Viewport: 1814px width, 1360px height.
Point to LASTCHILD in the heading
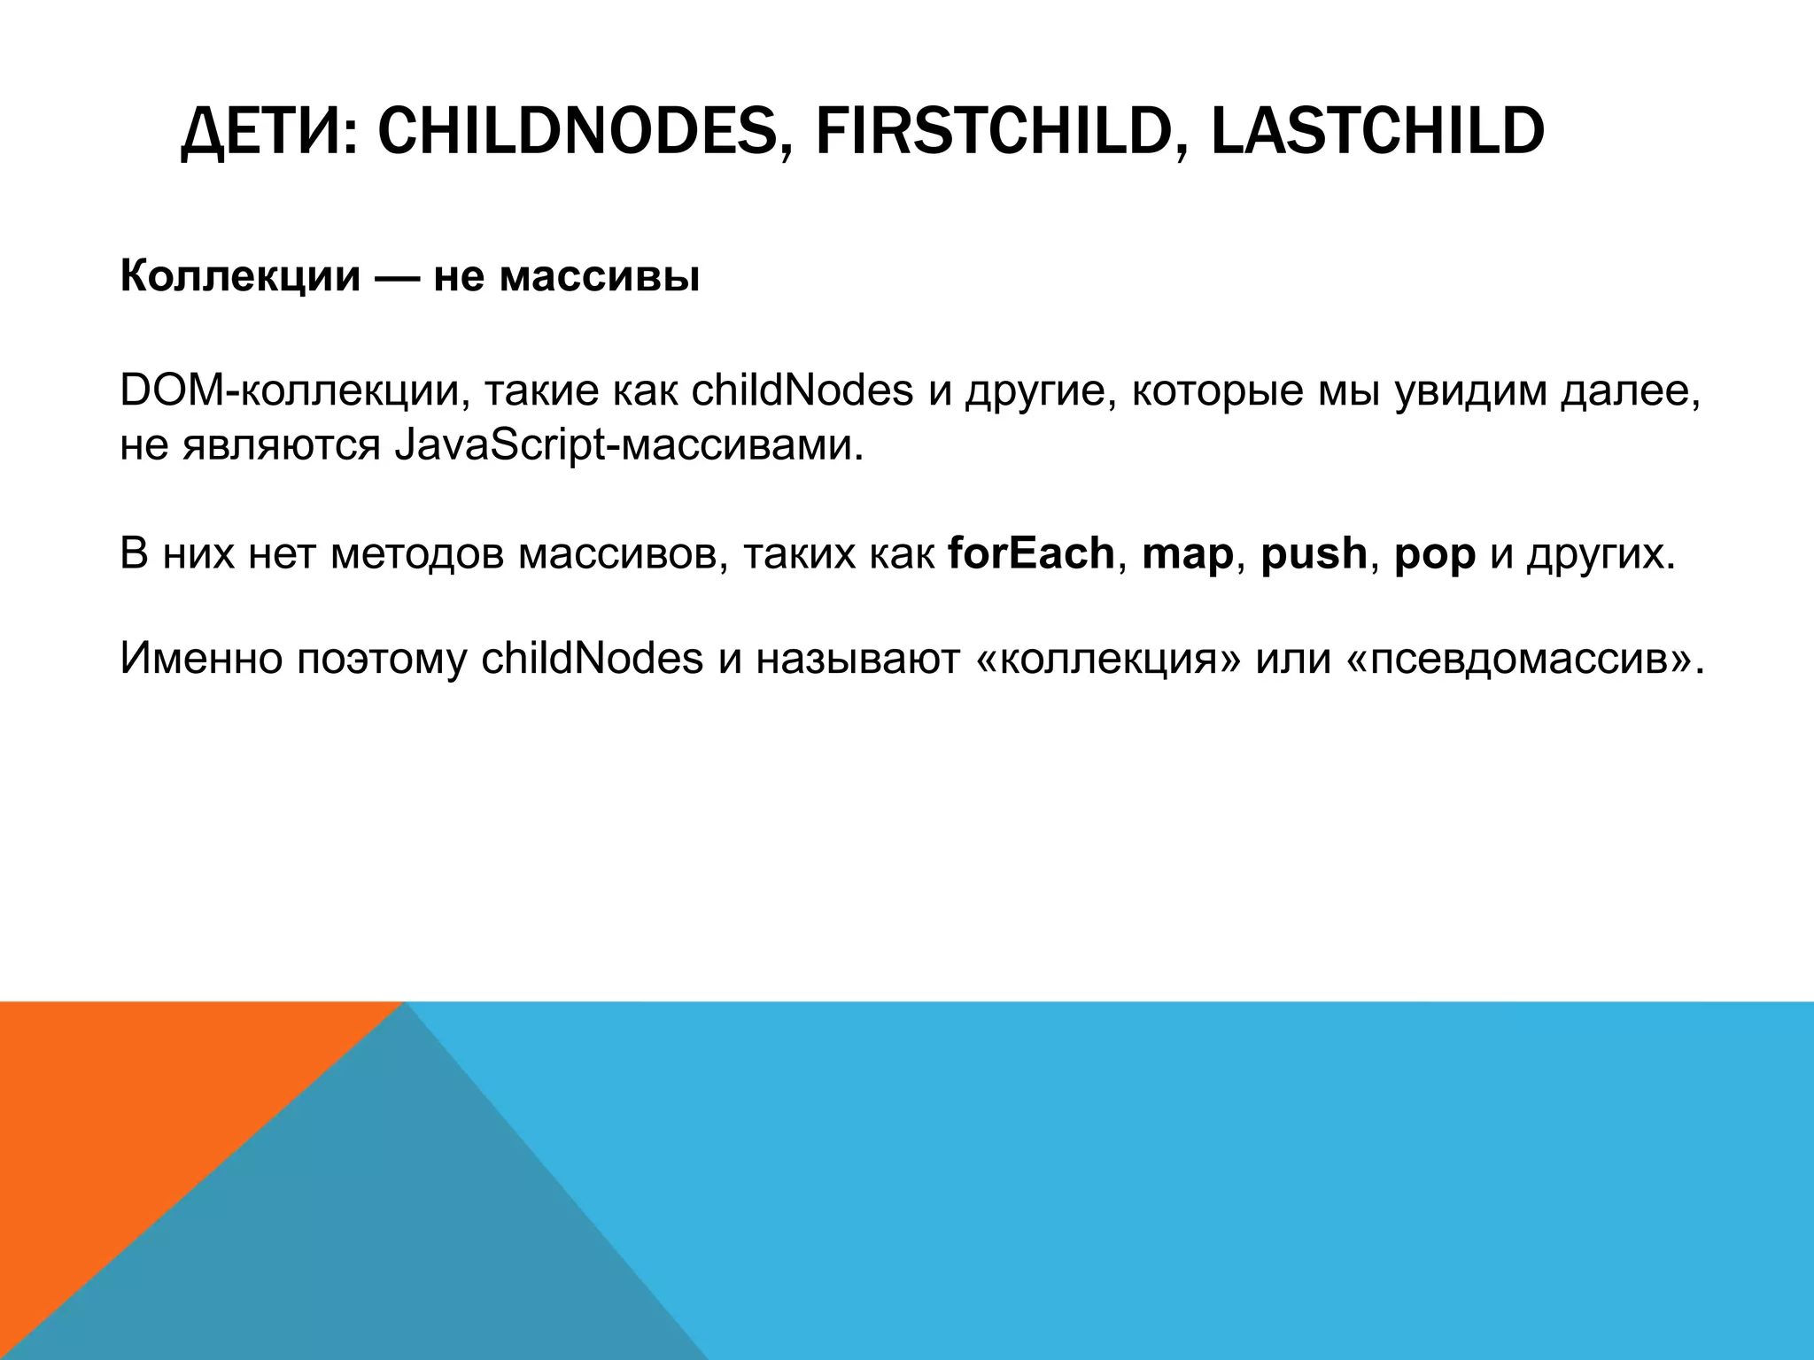point(1377,133)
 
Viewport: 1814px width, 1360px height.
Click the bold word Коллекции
point(240,277)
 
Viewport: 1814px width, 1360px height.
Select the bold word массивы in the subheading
point(599,277)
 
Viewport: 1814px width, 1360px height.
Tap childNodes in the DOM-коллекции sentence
point(802,392)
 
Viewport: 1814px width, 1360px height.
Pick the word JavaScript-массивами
point(627,446)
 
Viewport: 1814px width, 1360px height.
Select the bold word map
point(1188,555)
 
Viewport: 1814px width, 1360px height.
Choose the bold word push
point(1314,555)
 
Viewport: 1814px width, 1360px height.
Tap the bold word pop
point(1434,555)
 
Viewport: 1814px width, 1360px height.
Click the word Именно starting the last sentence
point(200,660)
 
